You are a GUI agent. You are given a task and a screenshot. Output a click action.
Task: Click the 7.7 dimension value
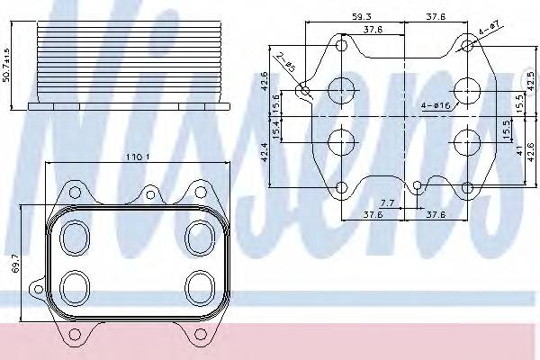pyautogui.click(x=387, y=202)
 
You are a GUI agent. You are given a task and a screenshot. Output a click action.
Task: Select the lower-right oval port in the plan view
pyautogui.click(x=198, y=287)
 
